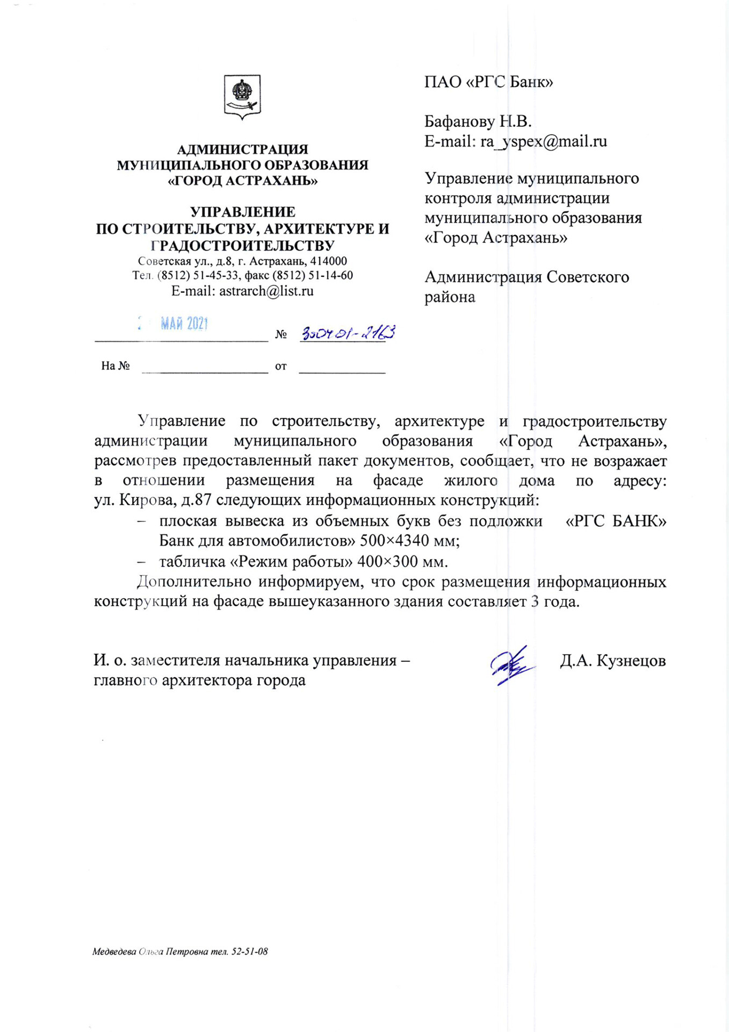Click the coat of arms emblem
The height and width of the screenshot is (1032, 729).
(x=242, y=96)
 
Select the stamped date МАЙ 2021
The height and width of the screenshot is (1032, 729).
(x=184, y=323)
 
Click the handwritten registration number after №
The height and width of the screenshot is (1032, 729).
(x=348, y=333)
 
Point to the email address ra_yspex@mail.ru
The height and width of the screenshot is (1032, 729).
(x=544, y=141)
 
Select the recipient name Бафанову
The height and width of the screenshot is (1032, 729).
(x=459, y=121)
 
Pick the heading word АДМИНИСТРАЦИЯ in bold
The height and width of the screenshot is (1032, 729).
(x=242, y=149)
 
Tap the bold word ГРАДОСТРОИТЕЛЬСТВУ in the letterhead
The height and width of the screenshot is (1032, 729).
(x=242, y=246)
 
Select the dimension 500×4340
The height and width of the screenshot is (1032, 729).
(x=394, y=540)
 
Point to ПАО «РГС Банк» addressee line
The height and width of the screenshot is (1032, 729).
(x=488, y=82)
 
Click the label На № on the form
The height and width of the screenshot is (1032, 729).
(x=116, y=366)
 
